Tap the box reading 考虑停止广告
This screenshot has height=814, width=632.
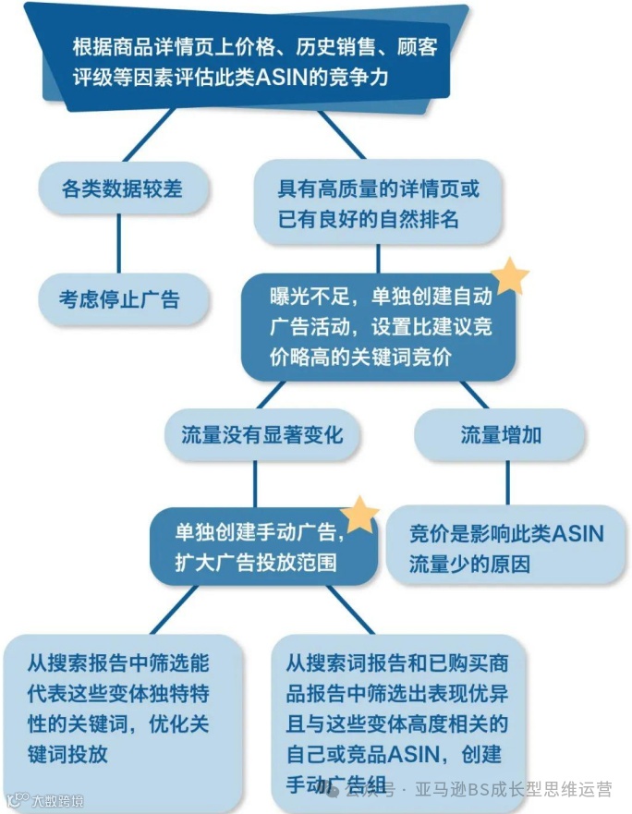click(x=119, y=298)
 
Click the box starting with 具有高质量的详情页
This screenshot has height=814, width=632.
click(x=379, y=204)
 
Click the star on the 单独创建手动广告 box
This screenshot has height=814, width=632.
click(x=360, y=514)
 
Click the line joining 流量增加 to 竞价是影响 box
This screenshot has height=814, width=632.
click(x=507, y=480)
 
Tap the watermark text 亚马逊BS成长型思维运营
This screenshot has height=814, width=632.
click(x=513, y=790)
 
